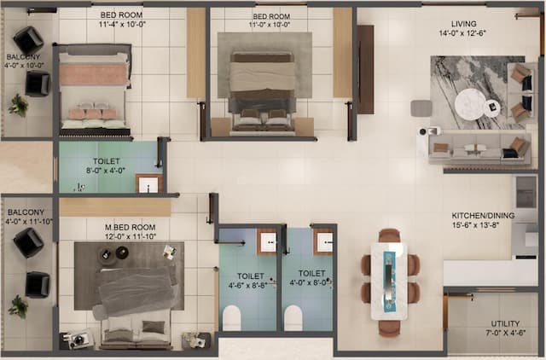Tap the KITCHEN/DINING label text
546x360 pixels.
coord(482,216)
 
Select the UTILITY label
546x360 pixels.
coord(505,324)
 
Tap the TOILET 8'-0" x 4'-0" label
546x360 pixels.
coord(107,165)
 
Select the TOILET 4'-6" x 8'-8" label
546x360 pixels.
coord(250,281)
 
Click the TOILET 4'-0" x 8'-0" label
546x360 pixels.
coord(308,281)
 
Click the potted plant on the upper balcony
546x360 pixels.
coord(18,105)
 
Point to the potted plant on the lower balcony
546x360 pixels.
coord(18,305)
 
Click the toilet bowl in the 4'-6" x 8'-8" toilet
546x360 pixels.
coord(232,317)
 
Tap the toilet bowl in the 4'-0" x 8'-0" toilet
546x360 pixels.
coord(293,317)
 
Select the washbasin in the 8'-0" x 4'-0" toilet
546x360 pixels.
coord(148,183)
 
